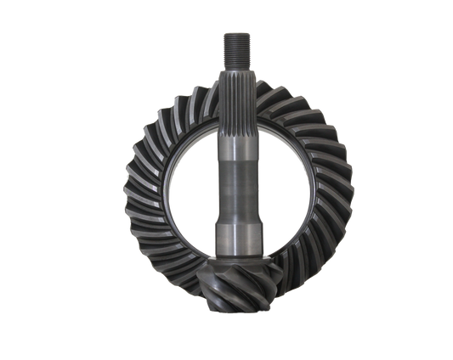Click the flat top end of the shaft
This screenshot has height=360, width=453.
pos(235,31)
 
